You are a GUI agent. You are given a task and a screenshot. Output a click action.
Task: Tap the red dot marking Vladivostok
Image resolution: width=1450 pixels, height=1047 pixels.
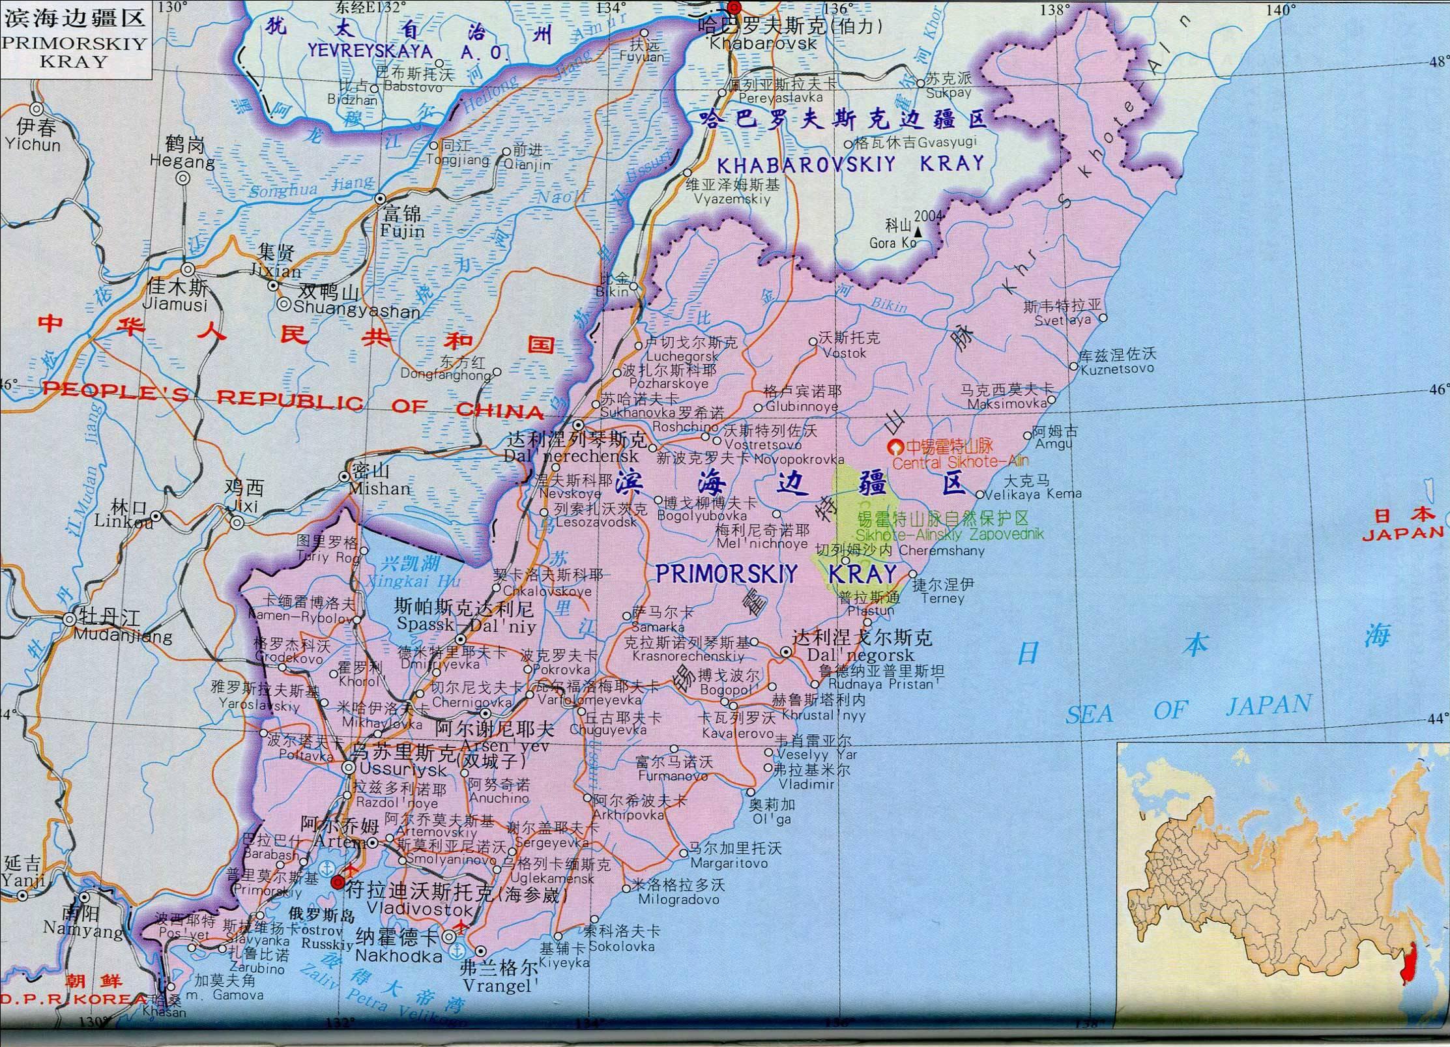click(338, 883)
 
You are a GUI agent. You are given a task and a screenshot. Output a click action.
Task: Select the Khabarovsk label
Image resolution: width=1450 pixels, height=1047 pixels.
click(763, 44)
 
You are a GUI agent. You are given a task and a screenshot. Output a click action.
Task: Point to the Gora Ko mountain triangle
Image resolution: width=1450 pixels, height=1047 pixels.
click(918, 231)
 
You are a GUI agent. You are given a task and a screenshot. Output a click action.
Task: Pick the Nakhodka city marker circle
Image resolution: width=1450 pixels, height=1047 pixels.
click(449, 937)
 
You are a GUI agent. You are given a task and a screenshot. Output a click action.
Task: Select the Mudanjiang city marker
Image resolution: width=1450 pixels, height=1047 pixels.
click(70, 620)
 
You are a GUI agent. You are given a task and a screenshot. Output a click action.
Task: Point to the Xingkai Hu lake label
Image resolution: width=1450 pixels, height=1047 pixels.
click(414, 581)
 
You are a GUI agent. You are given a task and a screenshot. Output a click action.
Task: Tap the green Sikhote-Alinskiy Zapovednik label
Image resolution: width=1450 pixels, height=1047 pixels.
click(950, 534)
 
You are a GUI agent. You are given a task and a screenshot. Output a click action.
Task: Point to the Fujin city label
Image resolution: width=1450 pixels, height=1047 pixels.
click(403, 231)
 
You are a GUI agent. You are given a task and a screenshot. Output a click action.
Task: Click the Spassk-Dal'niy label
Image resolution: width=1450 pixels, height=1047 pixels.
click(466, 626)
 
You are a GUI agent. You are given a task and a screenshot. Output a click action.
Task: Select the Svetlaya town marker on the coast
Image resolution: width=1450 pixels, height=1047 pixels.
click(1103, 318)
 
